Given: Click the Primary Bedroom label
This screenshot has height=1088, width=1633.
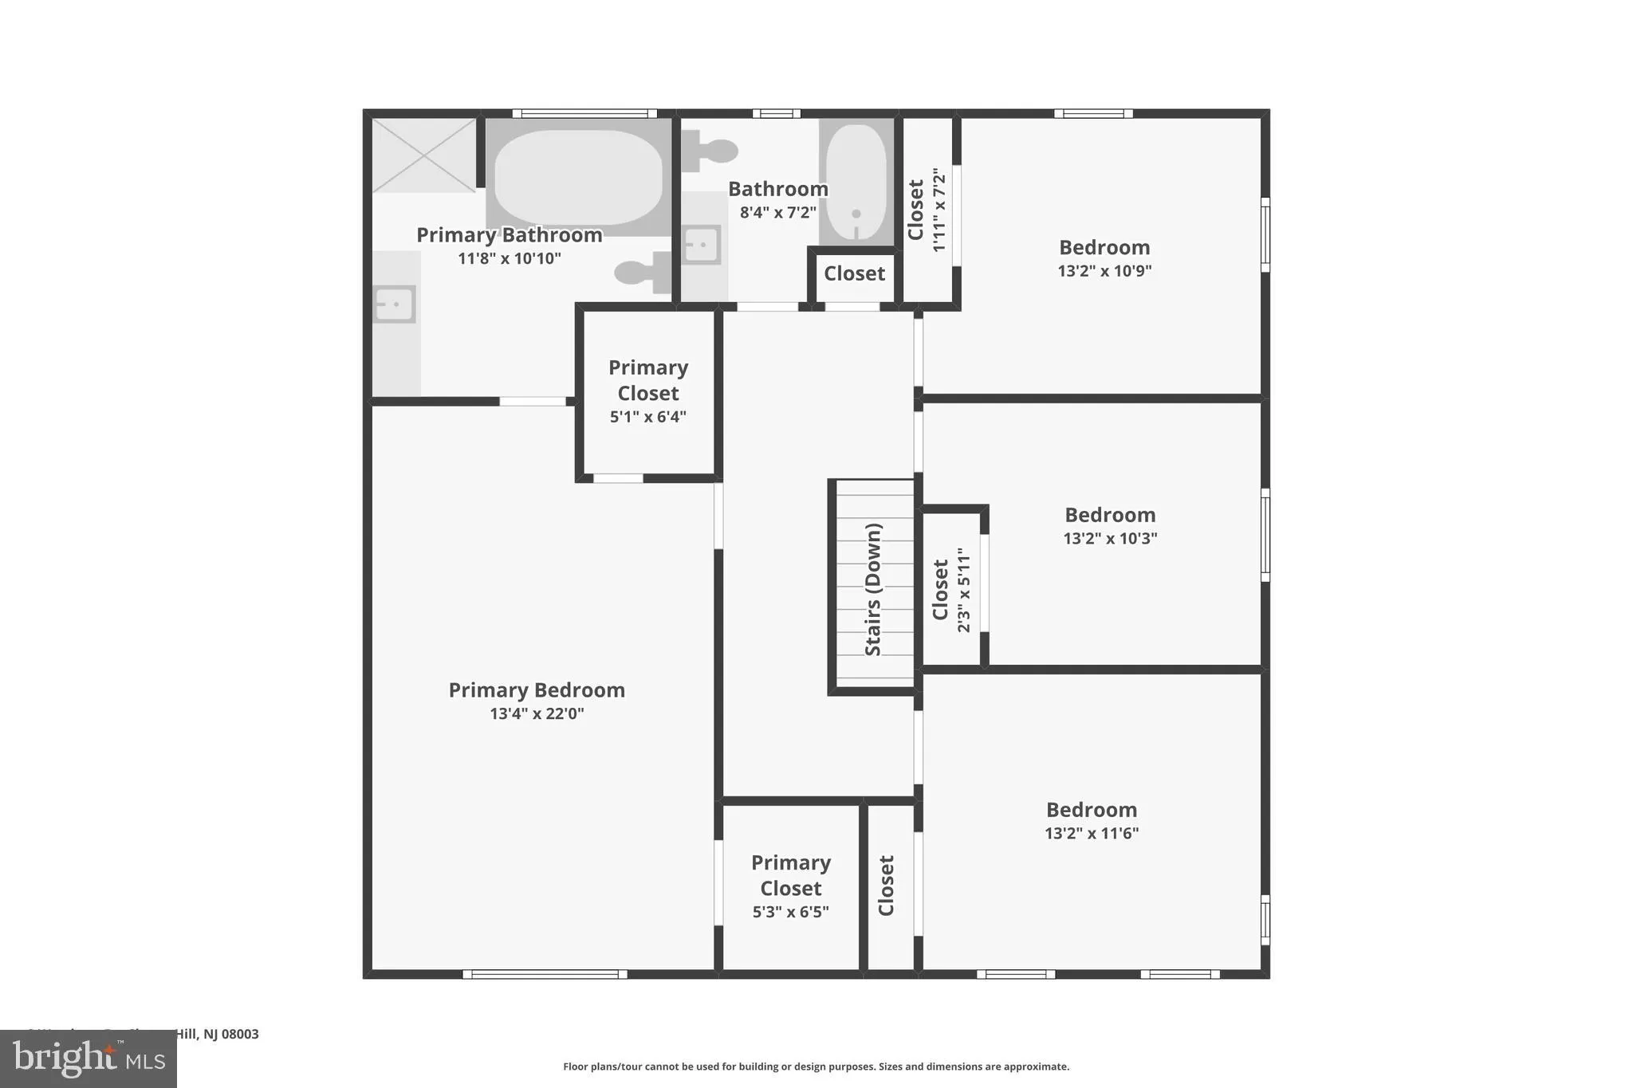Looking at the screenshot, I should [x=537, y=690].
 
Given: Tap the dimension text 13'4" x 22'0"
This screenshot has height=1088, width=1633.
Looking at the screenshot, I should [x=537, y=713].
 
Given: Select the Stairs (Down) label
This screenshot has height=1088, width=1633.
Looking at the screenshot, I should [x=873, y=589].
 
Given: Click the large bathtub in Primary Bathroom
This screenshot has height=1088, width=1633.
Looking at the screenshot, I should [x=578, y=177].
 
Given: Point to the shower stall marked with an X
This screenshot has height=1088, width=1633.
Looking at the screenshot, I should [x=423, y=155].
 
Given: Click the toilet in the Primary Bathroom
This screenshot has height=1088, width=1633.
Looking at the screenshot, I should [x=643, y=273].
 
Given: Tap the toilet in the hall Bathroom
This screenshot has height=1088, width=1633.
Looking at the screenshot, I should [x=708, y=151].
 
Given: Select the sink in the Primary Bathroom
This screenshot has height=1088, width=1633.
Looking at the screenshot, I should [x=395, y=304].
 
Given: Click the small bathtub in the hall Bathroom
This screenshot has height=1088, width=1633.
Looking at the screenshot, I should [x=856, y=182].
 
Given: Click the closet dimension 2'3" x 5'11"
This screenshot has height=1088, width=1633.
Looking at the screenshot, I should [x=965, y=590].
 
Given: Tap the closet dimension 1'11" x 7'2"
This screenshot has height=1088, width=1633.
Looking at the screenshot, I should [x=939, y=210].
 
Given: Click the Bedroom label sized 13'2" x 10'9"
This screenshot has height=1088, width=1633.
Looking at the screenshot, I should [x=1104, y=247].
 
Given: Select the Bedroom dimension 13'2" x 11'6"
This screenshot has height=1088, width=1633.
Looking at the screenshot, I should [x=1092, y=834].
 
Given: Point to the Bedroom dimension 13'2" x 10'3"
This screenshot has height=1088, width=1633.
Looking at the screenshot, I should [x=1110, y=538].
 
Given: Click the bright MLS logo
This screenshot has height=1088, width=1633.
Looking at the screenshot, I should [x=88, y=1059].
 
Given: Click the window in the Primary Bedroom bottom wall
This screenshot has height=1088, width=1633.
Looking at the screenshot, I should [x=545, y=974].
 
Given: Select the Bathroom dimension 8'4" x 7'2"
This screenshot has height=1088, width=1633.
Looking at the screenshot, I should [x=777, y=212].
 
